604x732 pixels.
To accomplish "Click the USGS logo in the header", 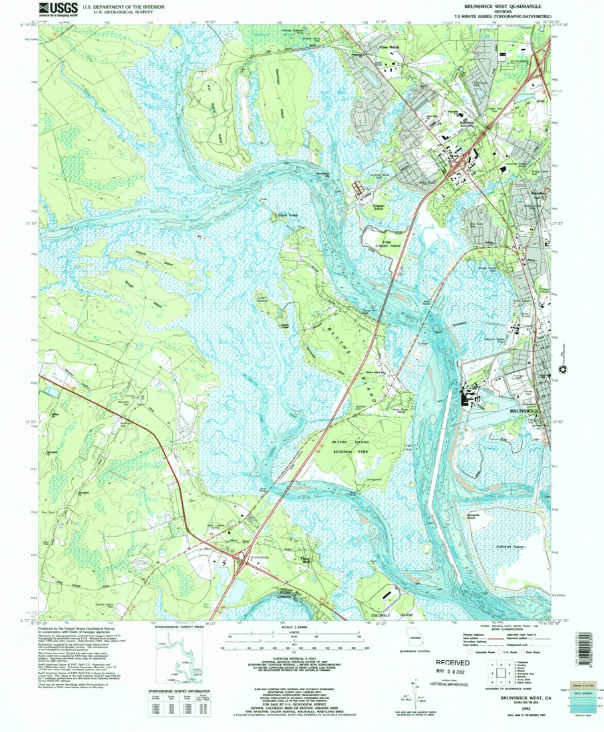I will [x=59, y=9].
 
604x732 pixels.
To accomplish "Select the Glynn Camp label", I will [x=283, y=214].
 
